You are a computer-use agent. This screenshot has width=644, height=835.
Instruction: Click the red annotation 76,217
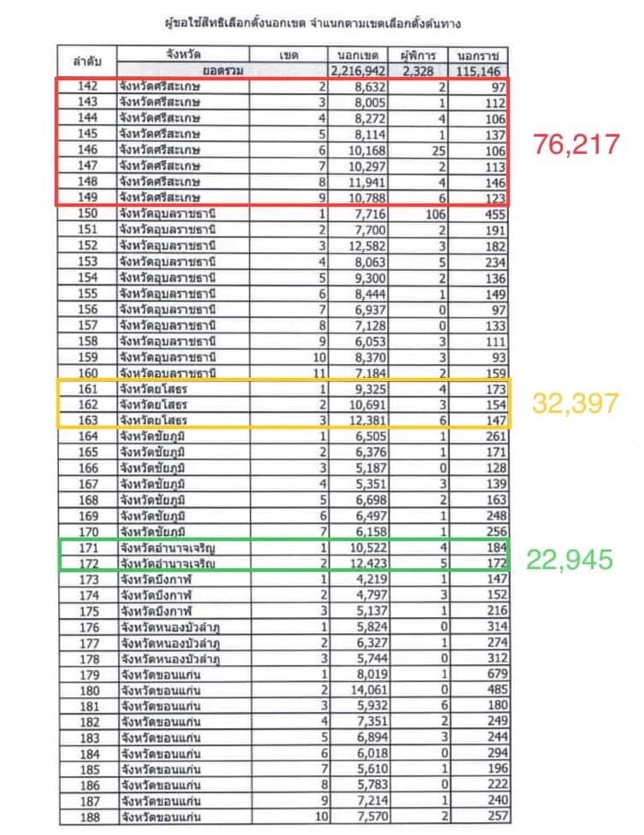[576, 144]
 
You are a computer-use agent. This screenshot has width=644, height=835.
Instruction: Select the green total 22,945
[570, 559]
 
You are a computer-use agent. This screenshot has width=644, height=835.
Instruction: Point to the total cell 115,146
[483, 72]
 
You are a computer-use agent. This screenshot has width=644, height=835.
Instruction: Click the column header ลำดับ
[88, 62]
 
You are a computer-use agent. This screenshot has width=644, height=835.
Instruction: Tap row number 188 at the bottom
[89, 815]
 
